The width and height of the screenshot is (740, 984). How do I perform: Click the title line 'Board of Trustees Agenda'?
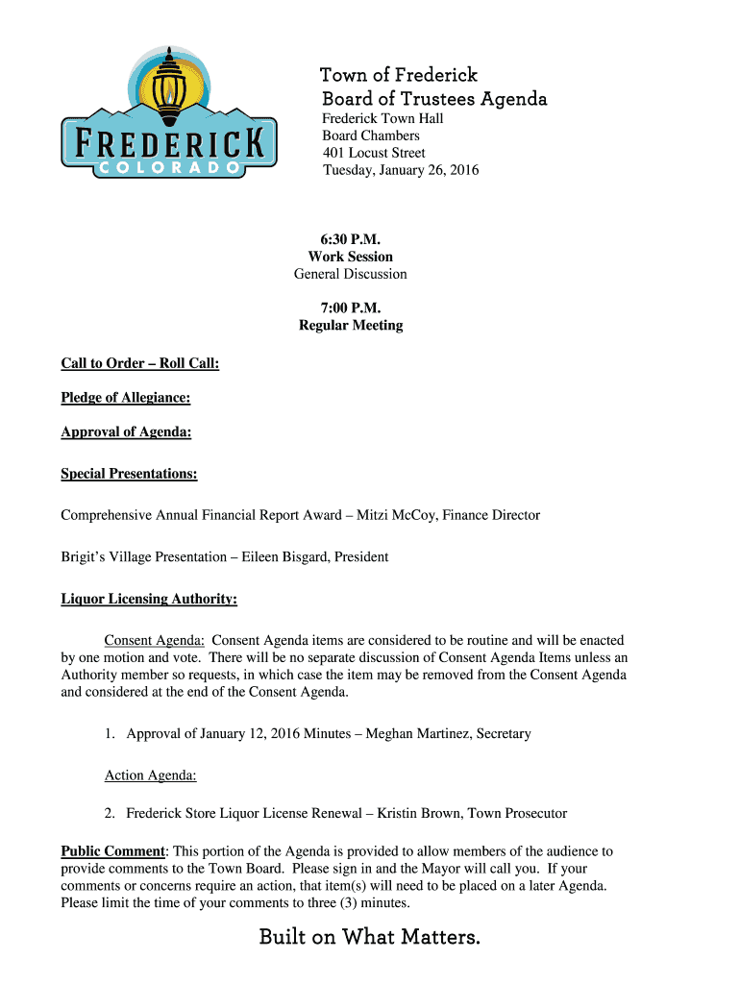433,99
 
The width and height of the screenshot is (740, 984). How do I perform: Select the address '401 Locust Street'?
373,153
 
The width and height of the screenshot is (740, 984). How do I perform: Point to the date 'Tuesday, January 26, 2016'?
400,170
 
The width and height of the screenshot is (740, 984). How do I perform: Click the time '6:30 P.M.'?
350,239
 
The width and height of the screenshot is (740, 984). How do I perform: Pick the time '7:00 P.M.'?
350,308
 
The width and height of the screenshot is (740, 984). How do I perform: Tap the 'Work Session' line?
350,257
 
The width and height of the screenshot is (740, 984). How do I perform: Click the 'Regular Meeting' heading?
350,326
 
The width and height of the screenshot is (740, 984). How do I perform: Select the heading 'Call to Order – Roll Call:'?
140,363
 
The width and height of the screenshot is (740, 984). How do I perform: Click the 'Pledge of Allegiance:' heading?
125,398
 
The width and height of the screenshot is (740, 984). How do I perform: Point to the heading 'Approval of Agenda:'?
126,432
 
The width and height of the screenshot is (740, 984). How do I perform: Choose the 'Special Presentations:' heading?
129,474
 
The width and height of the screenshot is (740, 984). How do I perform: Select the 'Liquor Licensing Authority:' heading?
149,600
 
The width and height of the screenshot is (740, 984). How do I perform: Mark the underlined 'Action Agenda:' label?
150,775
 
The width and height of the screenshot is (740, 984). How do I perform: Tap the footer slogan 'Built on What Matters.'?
369,936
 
